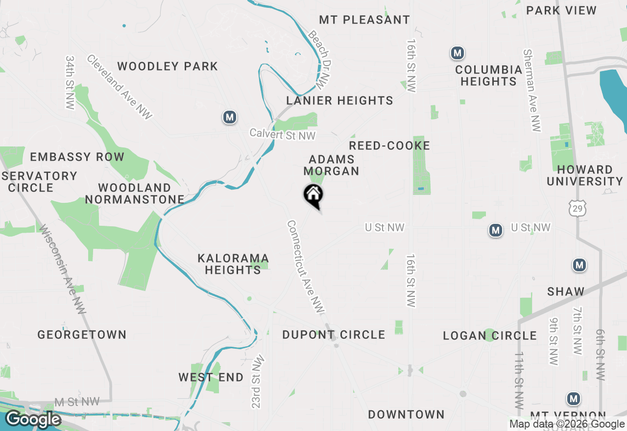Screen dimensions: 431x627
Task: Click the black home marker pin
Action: (313, 195)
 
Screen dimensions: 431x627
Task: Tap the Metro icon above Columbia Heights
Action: (458, 53)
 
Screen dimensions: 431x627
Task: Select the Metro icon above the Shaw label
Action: (579, 265)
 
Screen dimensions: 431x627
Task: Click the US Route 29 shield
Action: (578, 209)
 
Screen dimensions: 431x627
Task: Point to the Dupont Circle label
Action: (334, 335)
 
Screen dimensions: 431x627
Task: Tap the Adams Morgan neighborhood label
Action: (332, 165)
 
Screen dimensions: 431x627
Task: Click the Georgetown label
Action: (82, 335)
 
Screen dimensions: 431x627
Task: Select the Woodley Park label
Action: (168, 67)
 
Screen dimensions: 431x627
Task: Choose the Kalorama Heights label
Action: (233, 264)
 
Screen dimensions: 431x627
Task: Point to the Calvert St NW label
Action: (283, 134)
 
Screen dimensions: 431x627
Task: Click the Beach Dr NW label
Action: (317, 60)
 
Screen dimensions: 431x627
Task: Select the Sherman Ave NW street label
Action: (532, 91)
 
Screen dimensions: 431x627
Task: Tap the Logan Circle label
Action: (489, 336)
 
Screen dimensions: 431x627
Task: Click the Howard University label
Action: (584, 175)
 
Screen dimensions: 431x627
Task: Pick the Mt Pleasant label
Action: (364, 20)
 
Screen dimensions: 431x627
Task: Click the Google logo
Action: (33, 419)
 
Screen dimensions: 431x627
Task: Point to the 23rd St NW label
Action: (258, 382)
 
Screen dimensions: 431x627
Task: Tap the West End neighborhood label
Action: (211, 378)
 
